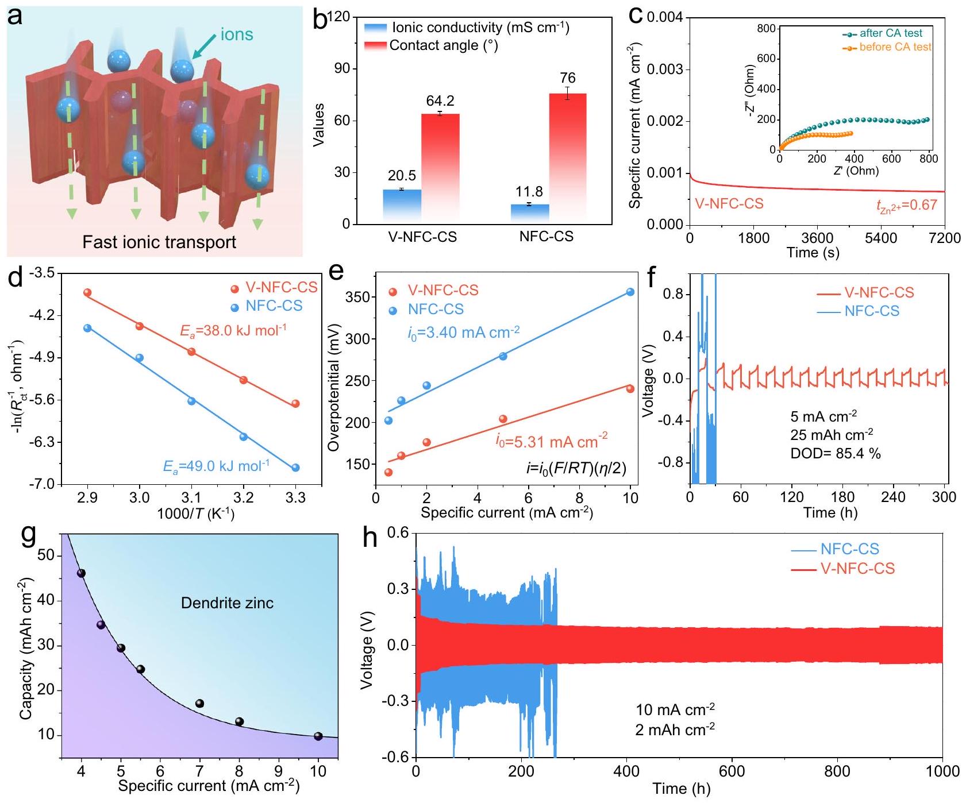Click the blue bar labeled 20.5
point(402,206)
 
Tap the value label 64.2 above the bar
point(440,101)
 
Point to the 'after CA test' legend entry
point(890,33)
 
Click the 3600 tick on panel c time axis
point(817,238)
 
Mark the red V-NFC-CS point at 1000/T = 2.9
point(87,292)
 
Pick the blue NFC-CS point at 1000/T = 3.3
point(295,468)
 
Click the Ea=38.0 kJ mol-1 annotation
point(233,330)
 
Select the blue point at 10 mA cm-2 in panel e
point(630,292)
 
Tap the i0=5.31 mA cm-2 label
point(552,441)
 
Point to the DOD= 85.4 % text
point(836,453)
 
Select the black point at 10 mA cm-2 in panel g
point(318,736)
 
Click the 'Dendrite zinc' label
point(227,603)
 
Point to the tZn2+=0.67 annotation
point(902,206)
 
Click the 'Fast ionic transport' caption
point(159,242)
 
